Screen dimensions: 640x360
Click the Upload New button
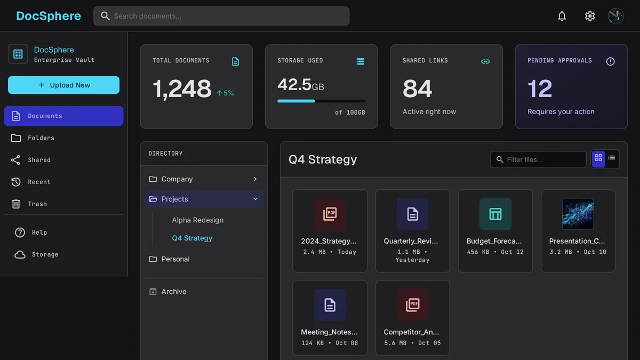pos(63,85)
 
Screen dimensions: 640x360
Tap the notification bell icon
pos(562,16)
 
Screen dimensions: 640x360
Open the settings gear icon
pos(590,16)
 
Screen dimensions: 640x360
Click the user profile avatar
pos(615,16)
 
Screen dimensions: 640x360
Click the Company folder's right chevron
pos(255,179)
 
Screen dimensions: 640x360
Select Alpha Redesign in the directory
pos(198,220)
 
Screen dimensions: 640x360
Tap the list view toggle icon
pos(611,158)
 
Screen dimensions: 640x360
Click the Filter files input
pos(538,159)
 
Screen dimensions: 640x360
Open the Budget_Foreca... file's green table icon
pos(495,214)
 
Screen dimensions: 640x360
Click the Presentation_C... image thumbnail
pos(578,214)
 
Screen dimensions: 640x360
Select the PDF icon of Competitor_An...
pos(413,305)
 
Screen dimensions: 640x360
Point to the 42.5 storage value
pos(294,85)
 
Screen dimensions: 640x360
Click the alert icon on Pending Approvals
pos(610,61)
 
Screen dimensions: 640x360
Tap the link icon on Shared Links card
pos(485,61)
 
